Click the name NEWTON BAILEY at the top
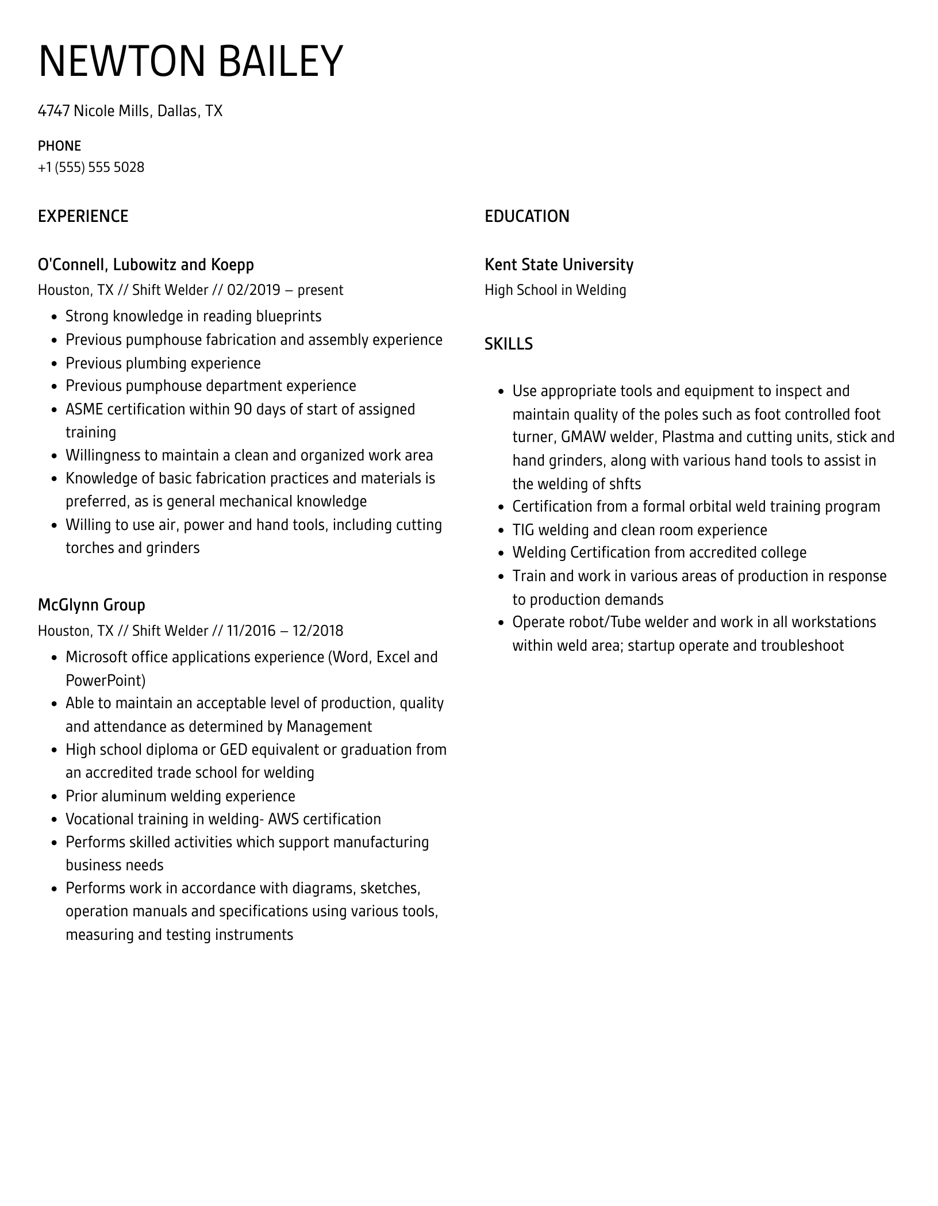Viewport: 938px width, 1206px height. click(x=190, y=61)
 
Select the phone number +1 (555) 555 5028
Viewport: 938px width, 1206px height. click(x=91, y=167)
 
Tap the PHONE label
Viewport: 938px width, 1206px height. click(x=59, y=145)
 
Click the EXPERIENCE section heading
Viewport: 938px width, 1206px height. click(x=83, y=216)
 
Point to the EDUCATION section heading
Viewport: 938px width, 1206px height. click(x=526, y=216)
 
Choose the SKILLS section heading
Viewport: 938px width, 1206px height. click(x=508, y=344)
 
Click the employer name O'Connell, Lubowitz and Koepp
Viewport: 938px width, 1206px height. click(x=145, y=264)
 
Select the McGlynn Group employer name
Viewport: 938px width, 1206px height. click(x=91, y=605)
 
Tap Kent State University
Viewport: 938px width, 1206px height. click(x=559, y=264)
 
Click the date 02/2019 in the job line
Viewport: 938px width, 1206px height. click(x=253, y=290)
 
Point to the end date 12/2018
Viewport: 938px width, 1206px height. click(x=317, y=631)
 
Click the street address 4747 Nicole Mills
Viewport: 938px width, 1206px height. click(x=94, y=111)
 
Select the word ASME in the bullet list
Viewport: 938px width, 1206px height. click(x=84, y=409)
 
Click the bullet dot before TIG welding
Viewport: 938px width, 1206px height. click(x=500, y=531)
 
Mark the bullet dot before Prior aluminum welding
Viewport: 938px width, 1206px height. click(x=53, y=797)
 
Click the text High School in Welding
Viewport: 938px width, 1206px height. click(x=555, y=290)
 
